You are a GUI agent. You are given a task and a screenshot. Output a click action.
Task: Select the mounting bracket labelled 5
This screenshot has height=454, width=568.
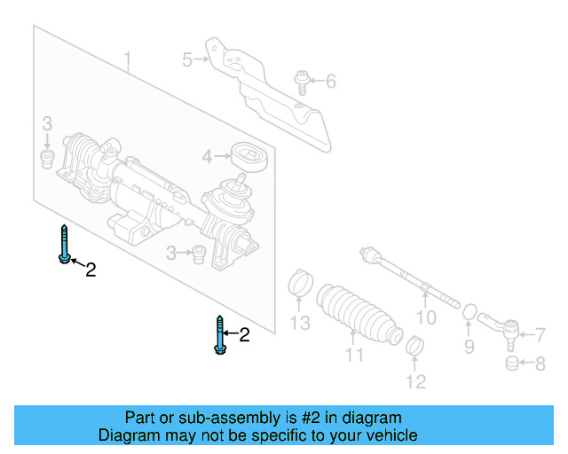(x=266, y=89)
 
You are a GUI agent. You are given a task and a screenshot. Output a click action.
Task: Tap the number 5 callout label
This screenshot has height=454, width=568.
(x=187, y=59)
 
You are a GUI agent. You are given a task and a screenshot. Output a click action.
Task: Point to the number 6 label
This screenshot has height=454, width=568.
(x=330, y=82)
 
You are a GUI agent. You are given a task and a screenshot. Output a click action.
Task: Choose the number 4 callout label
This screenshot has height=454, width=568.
(x=207, y=157)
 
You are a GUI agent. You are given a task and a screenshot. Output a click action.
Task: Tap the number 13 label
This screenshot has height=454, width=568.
(x=301, y=323)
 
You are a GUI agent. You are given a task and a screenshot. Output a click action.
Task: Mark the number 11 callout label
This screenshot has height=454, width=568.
(x=355, y=356)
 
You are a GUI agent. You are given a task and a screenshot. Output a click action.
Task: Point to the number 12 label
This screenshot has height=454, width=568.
(x=415, y=382)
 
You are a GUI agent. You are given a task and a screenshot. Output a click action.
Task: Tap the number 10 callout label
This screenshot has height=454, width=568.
(x=426, y=317)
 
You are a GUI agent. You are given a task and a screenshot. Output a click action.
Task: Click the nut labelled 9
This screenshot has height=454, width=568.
(x=471, y=313)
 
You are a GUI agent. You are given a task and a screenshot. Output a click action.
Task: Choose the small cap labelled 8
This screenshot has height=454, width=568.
(x=512, y=364)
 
